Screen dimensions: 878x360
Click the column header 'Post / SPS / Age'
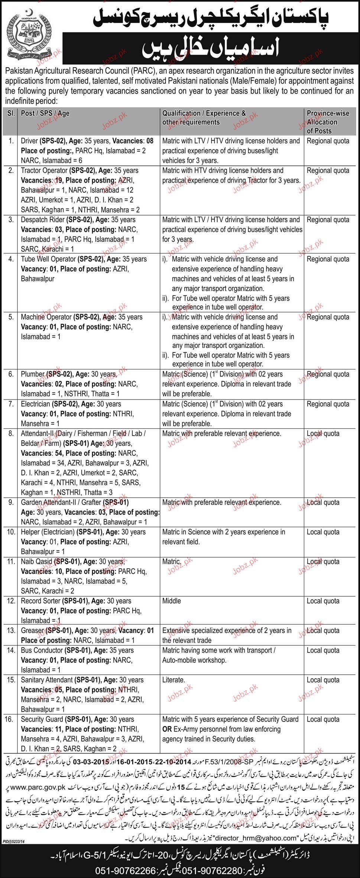tap(45, 113)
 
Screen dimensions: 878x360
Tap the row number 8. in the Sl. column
tap(11, 433)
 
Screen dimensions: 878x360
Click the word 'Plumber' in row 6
tap(33, 374)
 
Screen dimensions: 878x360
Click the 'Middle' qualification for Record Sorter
tap(172, 601)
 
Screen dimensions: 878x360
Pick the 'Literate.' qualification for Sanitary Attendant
tap(173, 680)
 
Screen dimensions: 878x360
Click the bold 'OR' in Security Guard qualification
tap(166, 729)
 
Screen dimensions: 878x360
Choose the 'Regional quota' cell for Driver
tap(328, 141)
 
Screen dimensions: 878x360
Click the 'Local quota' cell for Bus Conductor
tap(323, 651)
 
